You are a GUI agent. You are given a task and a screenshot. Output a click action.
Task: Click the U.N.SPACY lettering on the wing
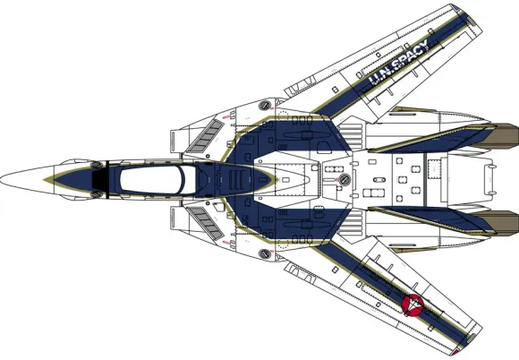click(x=398, y=62)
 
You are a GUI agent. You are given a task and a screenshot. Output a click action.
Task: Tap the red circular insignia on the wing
click(x=413, y=304)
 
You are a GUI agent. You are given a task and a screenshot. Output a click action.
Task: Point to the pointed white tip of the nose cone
click(x=1, y=179)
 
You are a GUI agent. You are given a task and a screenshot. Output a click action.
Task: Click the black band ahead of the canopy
click(x=100, y=179)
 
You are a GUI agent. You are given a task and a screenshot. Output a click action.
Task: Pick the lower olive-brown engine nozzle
click(x=501, y=223)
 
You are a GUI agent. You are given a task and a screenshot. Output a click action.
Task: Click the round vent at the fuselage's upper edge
click(x=265, y=106)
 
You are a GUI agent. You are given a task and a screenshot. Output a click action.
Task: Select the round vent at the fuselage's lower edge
click(x=265, y=254)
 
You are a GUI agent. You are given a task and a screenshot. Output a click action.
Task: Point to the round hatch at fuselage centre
click(x=345, y=179)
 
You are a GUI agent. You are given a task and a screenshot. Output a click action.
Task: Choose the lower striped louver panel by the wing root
click(x=352, y=223)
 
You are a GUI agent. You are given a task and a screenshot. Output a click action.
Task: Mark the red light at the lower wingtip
click(x=457, y=352)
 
